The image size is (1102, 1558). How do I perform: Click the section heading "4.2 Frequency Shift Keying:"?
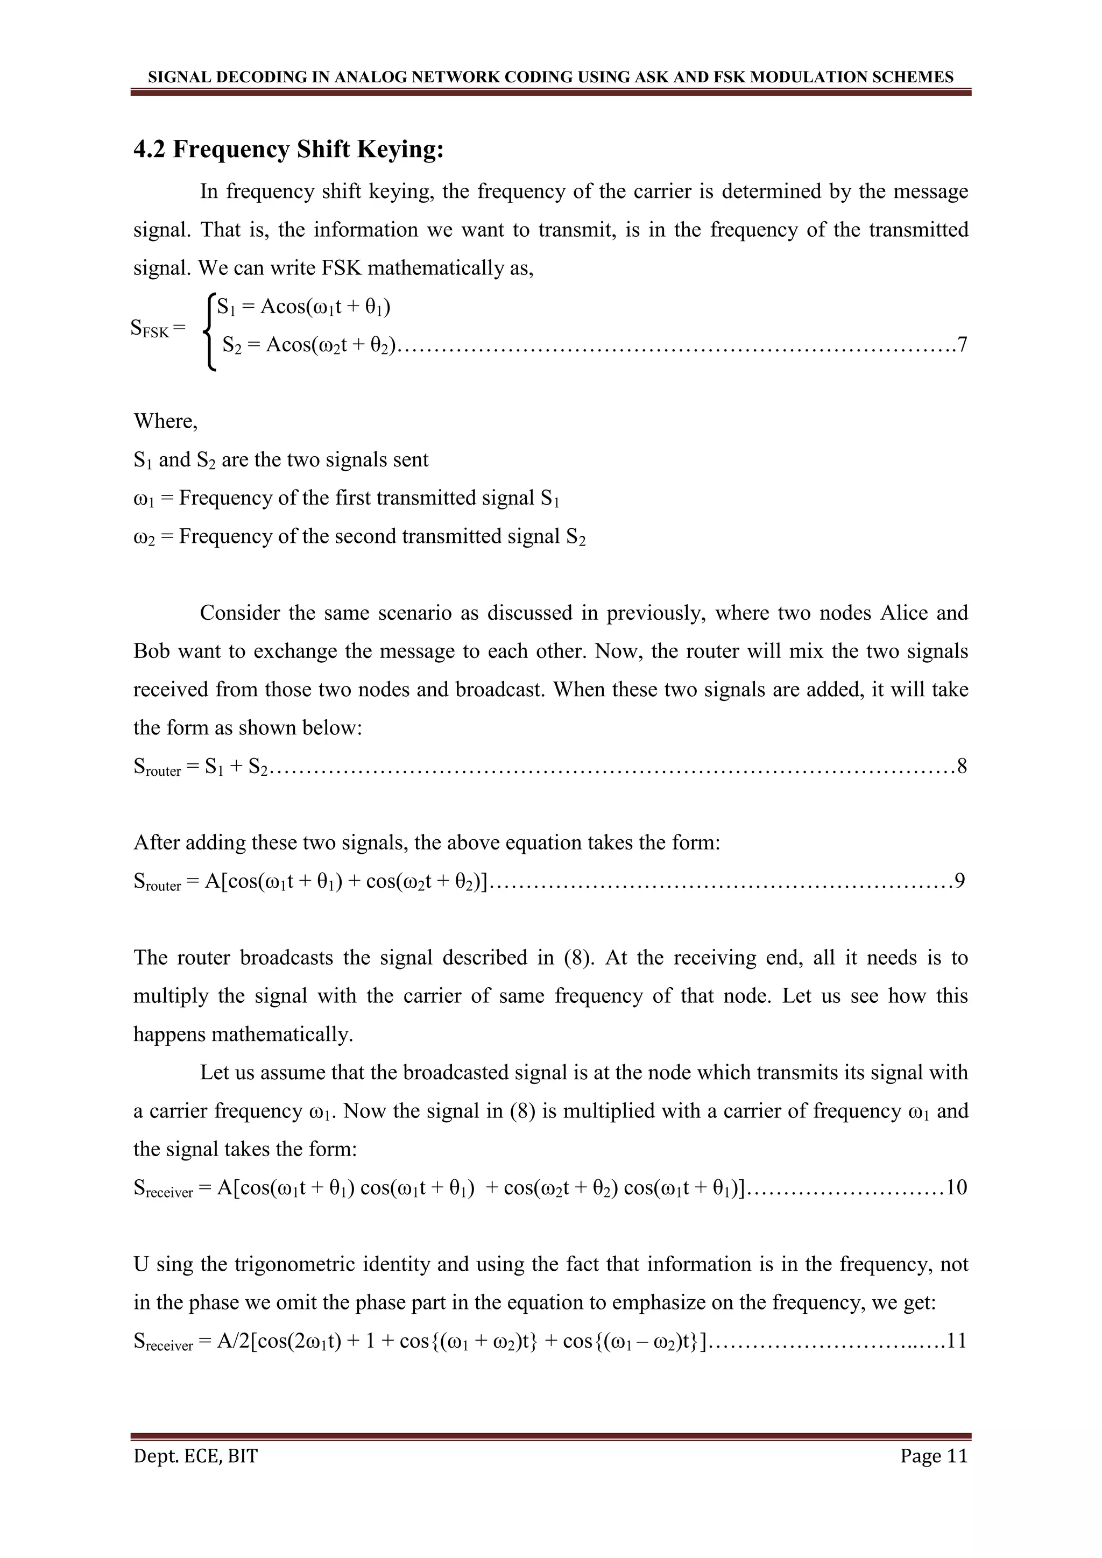tap(288, 148)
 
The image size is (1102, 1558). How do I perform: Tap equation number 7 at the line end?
tap(962, 345)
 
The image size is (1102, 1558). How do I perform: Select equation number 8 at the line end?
tap(962, 767)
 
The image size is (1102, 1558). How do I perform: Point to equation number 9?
tap(959, 881)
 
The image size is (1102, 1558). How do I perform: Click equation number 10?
tap(956, 1188)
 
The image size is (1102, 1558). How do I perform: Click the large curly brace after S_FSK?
tap(210, 331)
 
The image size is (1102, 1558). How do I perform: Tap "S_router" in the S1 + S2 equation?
tap(158, 768)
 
